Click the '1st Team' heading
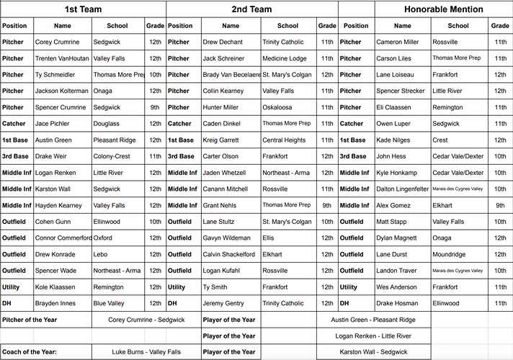point(83,9)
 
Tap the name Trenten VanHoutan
point(62,58)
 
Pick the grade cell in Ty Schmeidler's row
point(155,75)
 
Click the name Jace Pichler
point(53,124)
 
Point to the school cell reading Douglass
point(107,124)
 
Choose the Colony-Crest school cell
point(112,156)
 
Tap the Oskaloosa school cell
point(280,107)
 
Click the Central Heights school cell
point(284,140)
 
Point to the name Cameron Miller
point(397,42)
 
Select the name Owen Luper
point(393,124)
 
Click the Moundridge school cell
point(450,254)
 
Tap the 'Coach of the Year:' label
point(28,352)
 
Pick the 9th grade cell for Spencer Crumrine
point(155,107)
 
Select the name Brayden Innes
point(55,303)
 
